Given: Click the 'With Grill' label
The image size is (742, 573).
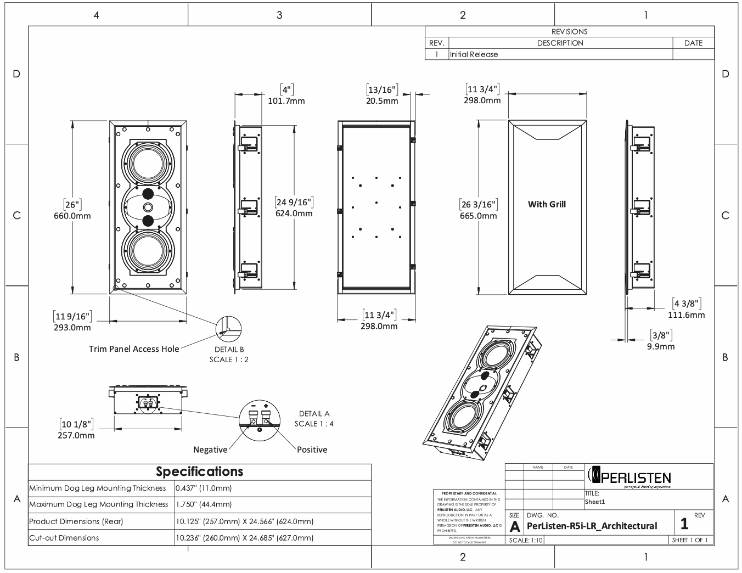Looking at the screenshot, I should click(x=547, y=204).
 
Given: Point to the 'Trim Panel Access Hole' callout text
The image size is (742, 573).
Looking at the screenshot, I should click(x=134, y=349).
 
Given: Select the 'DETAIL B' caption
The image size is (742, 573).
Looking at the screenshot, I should click(x=229, y=349).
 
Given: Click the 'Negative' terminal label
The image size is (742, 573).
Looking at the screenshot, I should click(x=210, y=450).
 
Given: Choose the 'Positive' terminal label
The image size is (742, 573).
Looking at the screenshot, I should click(x=312, y=450).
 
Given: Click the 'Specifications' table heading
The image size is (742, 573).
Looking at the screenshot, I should click(x=199, y=471).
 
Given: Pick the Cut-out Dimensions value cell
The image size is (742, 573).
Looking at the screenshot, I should click(x=245, y=538).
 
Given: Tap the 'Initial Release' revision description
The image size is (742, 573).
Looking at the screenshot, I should click(x=474, y=54).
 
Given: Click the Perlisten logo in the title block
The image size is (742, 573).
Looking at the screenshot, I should click(x=629, y=475).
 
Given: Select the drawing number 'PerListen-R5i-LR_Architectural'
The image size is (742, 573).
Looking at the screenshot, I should click(x=592, y=526).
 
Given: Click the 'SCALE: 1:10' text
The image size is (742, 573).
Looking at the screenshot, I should click(x=526, y=541).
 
